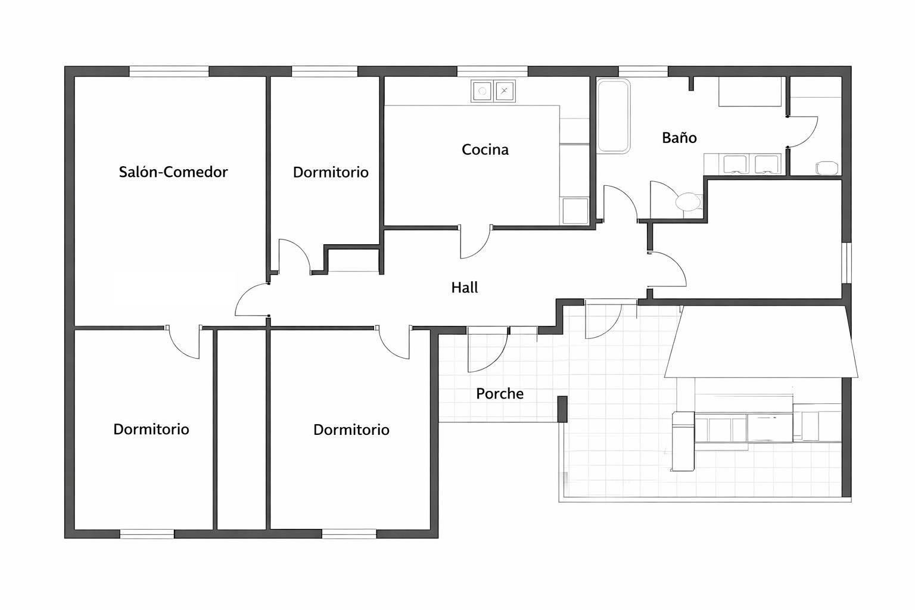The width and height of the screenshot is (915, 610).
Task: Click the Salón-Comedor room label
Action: click(x=173, y=172)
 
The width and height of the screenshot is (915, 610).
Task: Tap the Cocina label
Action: click(x=485, y=150)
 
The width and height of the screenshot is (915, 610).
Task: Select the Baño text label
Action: click(x=679, y=137)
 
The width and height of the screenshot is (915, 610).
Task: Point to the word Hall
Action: click(x=465, y=288)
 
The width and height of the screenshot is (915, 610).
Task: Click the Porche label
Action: click(x=500, y=393)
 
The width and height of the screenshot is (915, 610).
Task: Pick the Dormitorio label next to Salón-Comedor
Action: click(x=331, y=172)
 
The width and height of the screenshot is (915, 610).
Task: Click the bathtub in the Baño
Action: click(x=614, y=116)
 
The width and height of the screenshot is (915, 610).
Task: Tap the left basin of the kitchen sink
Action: click(x=483, y=91)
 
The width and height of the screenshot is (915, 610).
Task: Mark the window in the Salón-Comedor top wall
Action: click(x=169, y=71)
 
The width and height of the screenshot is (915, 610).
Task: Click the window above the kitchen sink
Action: click(x=492, y=71)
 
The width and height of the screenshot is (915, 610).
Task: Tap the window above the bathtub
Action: click(x=643, y=71)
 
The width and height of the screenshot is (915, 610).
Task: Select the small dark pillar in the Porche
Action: click(x=562, y=409)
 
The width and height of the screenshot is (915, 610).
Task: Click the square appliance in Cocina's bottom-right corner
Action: click(x=575, y=211)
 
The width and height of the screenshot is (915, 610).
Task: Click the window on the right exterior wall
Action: click(x=846, y=263)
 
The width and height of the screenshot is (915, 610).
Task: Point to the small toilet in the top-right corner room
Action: click(x=827, y=167)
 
